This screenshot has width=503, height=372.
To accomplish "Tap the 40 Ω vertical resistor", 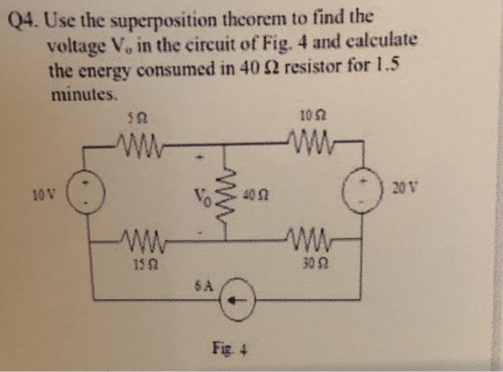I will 229,195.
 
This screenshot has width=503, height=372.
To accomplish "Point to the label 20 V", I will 405,189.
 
